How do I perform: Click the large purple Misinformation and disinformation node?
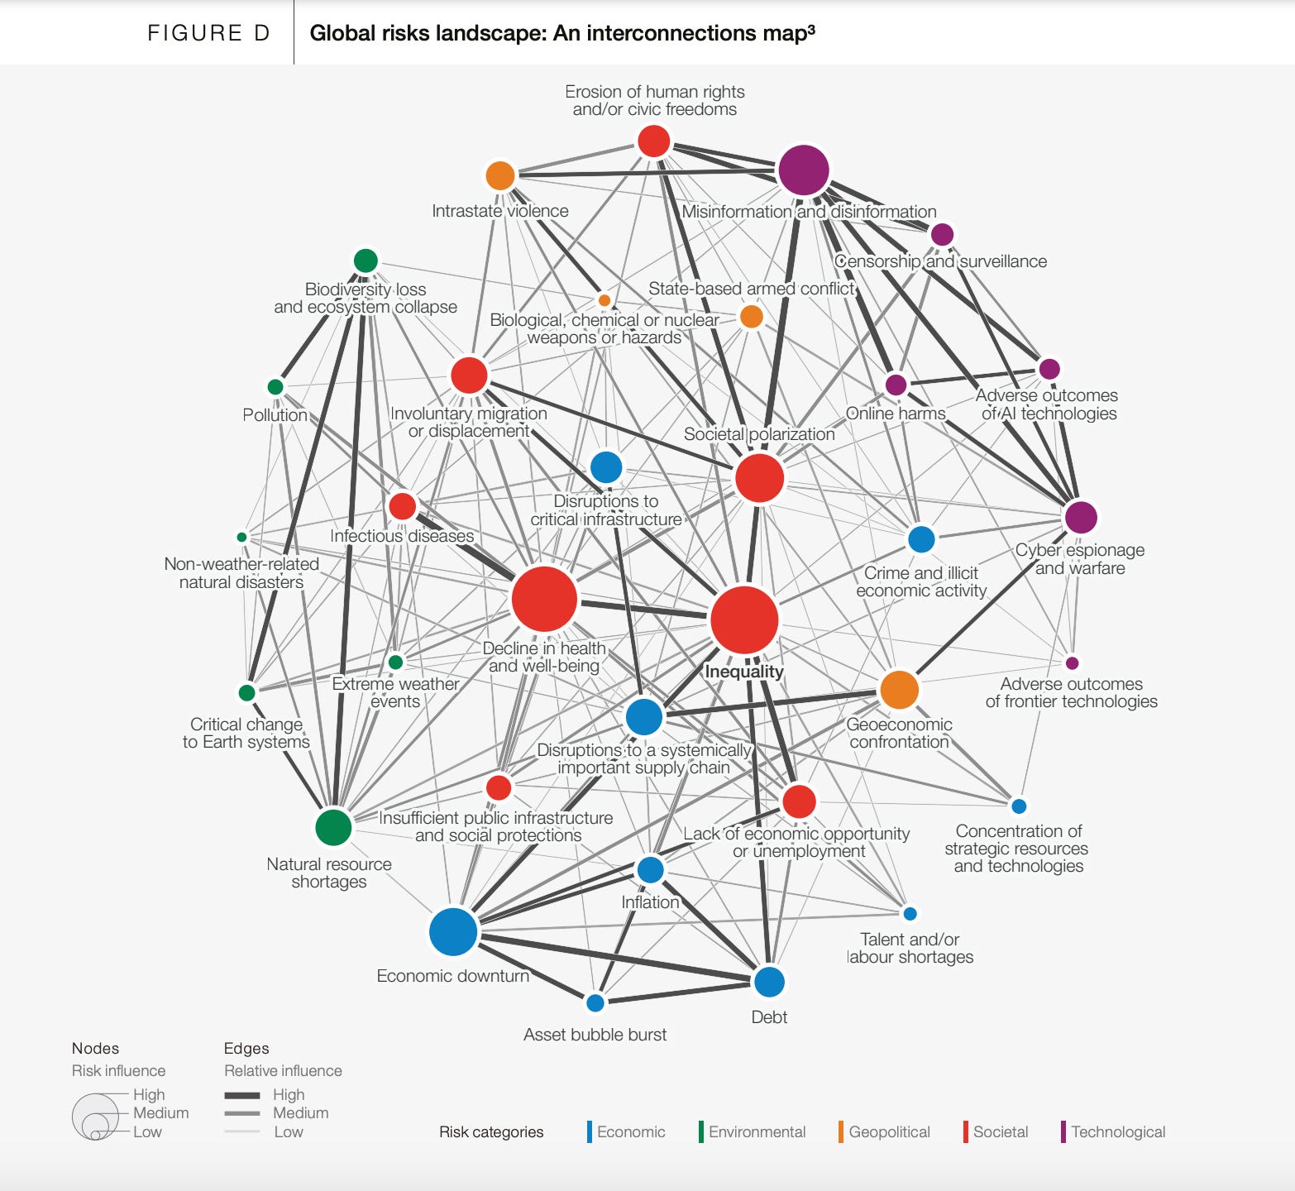[x=803, y=170]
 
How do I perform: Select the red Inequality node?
[x=744, y=619]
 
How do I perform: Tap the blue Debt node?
[x=769, y=982]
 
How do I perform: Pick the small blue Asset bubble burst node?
[x=595, y=1003]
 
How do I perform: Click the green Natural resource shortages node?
[x=333, y=826]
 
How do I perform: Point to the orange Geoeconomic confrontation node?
[x=899, y=690]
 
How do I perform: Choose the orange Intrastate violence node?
[x=500, y=175]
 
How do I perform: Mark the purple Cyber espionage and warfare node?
[x=1080, y=517]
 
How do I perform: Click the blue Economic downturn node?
[x=453, y=931]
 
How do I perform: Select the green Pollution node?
[x=275, y=387]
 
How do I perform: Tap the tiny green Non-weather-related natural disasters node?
[x=241, y=538]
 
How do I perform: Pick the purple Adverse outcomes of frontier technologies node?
[x=1072, y=663]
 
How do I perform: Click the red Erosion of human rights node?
[x=653, y=141]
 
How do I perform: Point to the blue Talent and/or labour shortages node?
[x=910, y=914]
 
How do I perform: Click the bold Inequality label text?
[x=743, y=672]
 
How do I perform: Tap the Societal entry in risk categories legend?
[x=1000, y=1131]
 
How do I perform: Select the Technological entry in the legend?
[x=1117, y=1131]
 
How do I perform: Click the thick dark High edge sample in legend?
[x=242, y=1095]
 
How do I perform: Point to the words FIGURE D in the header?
[x=208, y=33]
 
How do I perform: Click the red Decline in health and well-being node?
[x=544, y=599]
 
